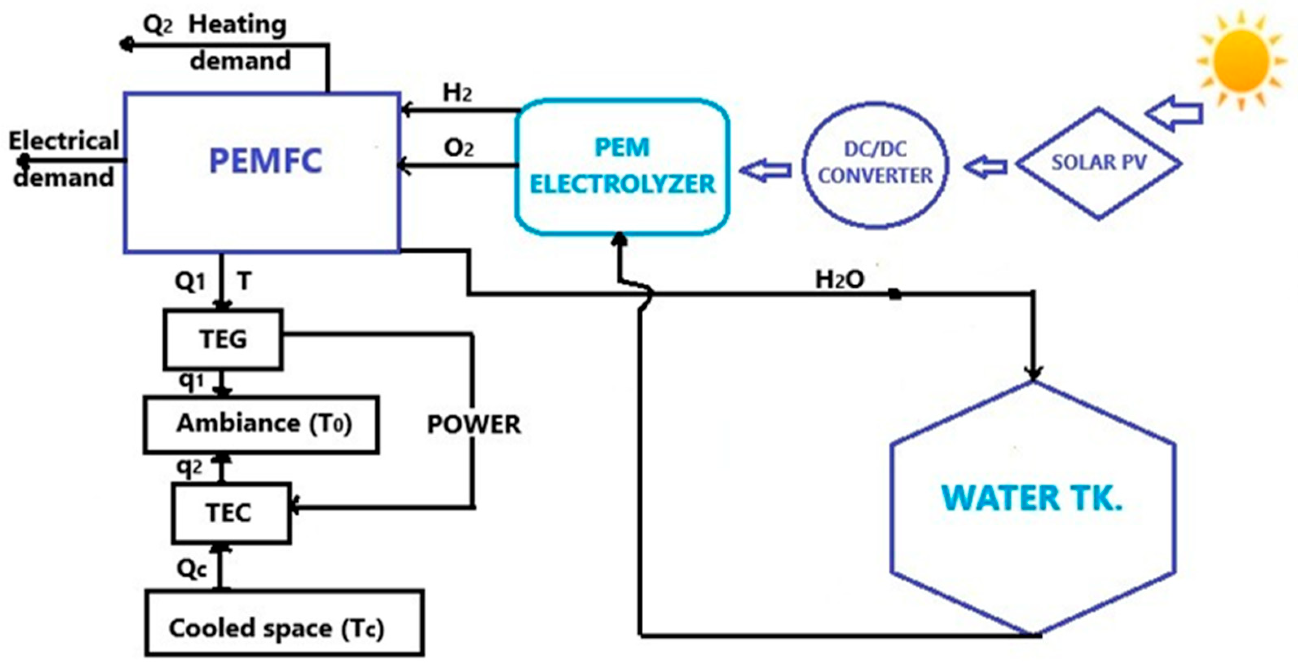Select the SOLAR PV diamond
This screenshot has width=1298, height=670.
click(1098, 163)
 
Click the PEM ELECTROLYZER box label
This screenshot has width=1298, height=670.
click(622, 166)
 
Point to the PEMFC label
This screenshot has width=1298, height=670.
click(266, 161)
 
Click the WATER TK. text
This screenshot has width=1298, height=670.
click(1032, 498)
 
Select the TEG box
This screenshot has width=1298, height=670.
click(223, 339)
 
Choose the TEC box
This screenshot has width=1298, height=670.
click(229, 513)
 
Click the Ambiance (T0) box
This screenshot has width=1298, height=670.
click(262, 423)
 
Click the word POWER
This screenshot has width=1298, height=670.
click(474, 425)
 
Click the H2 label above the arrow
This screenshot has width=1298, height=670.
click(457, 93)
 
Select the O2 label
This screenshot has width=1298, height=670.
click(458, 148)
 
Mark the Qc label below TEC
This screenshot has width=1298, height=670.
click(191, 569)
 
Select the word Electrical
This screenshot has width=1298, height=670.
click(64, 141)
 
